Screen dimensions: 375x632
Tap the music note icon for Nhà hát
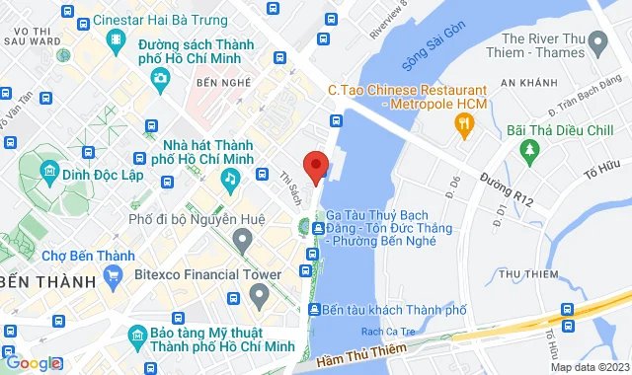click(x=229, y=179)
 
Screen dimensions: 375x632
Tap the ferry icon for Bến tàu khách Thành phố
click(x=314, y=311)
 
